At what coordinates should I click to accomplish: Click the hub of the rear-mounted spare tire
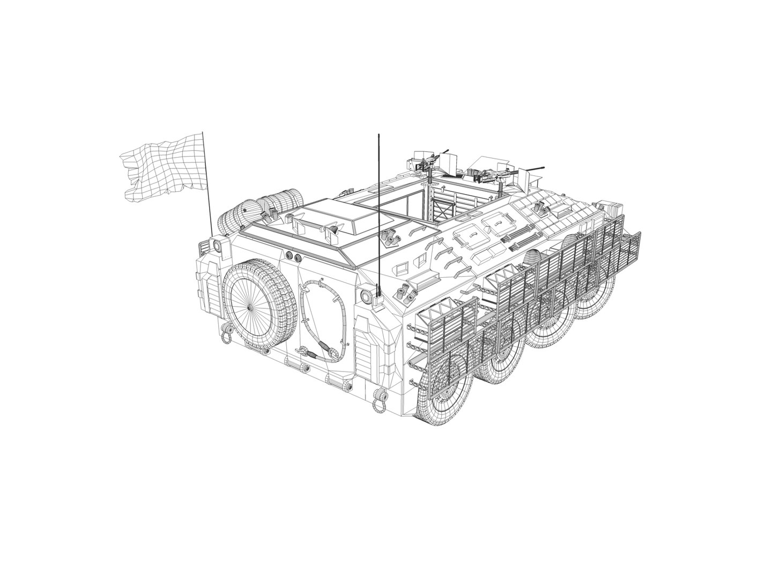click(250, 308)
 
